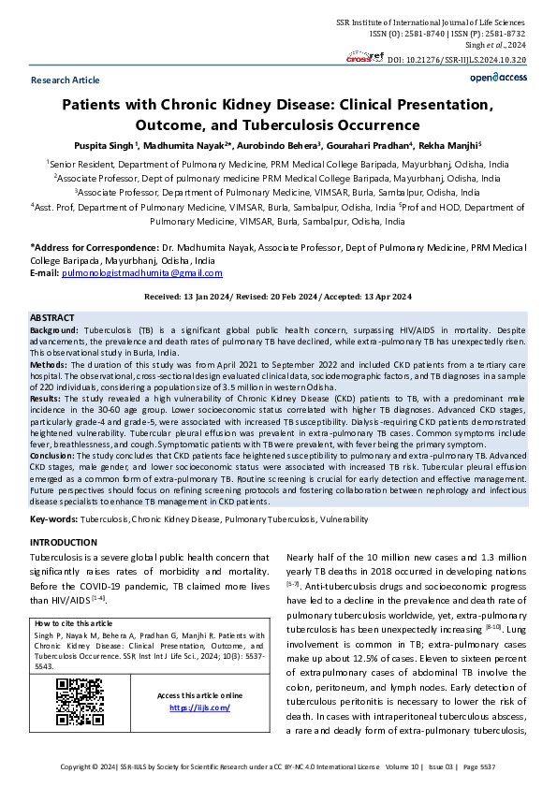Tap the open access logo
[x=498, y=81]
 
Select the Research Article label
[x=65, y=81]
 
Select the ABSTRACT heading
[x=53, y=318]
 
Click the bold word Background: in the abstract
[x=54, y=331]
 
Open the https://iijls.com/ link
[x=199, y=708]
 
